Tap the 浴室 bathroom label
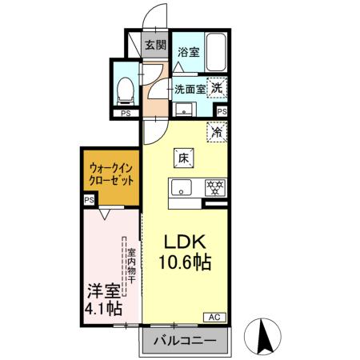click(189, 52)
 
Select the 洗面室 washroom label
click(190, 89)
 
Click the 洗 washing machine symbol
click(218, 88)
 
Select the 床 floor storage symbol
click(182, 157)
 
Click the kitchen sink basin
click(181, 190)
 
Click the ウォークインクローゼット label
click(111, 175)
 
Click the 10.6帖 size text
click(188, 262)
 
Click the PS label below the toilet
click(124, 114)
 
